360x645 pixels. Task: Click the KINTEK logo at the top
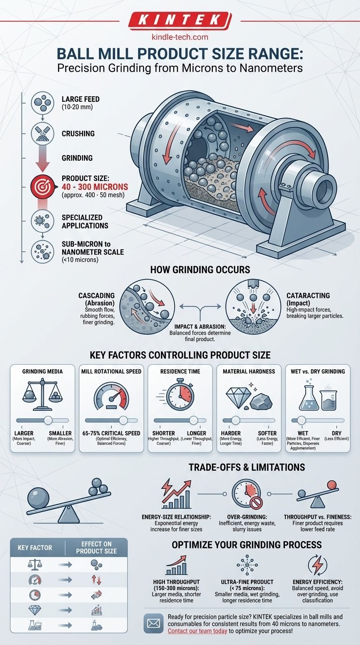click(x=180, y=20)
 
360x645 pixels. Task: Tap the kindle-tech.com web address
click(x=180, y=37)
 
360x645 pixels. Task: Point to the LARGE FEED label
click(x=81, y=99)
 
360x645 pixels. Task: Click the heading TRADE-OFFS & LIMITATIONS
click(x=247, y=467)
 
